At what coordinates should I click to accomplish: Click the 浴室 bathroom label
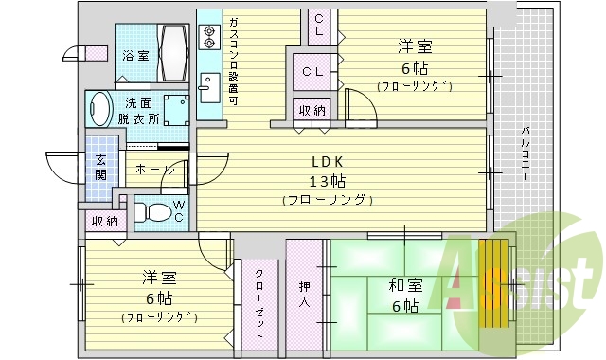click(135, 55)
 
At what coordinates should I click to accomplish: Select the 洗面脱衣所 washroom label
click(137, 111)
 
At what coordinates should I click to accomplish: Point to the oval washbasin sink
click(99, 109)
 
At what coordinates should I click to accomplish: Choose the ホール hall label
click(154, 170)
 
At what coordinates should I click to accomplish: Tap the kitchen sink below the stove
click(209, 91)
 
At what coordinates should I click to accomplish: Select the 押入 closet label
click(304, 293)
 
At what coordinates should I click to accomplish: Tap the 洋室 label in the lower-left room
click(158, 278)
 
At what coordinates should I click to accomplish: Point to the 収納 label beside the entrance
click(104, 221)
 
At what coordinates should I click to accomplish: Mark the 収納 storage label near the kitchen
click(312, 110)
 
